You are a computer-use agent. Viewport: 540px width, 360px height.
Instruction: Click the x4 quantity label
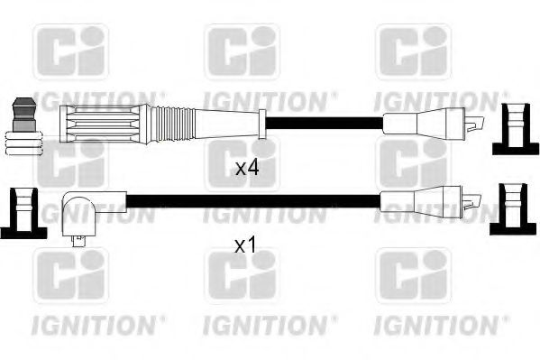pos(246,168)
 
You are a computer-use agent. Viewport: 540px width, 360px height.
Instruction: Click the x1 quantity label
pos(246,245)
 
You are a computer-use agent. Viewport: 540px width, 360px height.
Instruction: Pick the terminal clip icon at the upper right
pos(510,130)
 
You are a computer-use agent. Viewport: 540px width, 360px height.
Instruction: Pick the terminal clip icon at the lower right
pos(510,208)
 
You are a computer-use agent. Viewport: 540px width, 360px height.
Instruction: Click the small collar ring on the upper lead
pos(261,124)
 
